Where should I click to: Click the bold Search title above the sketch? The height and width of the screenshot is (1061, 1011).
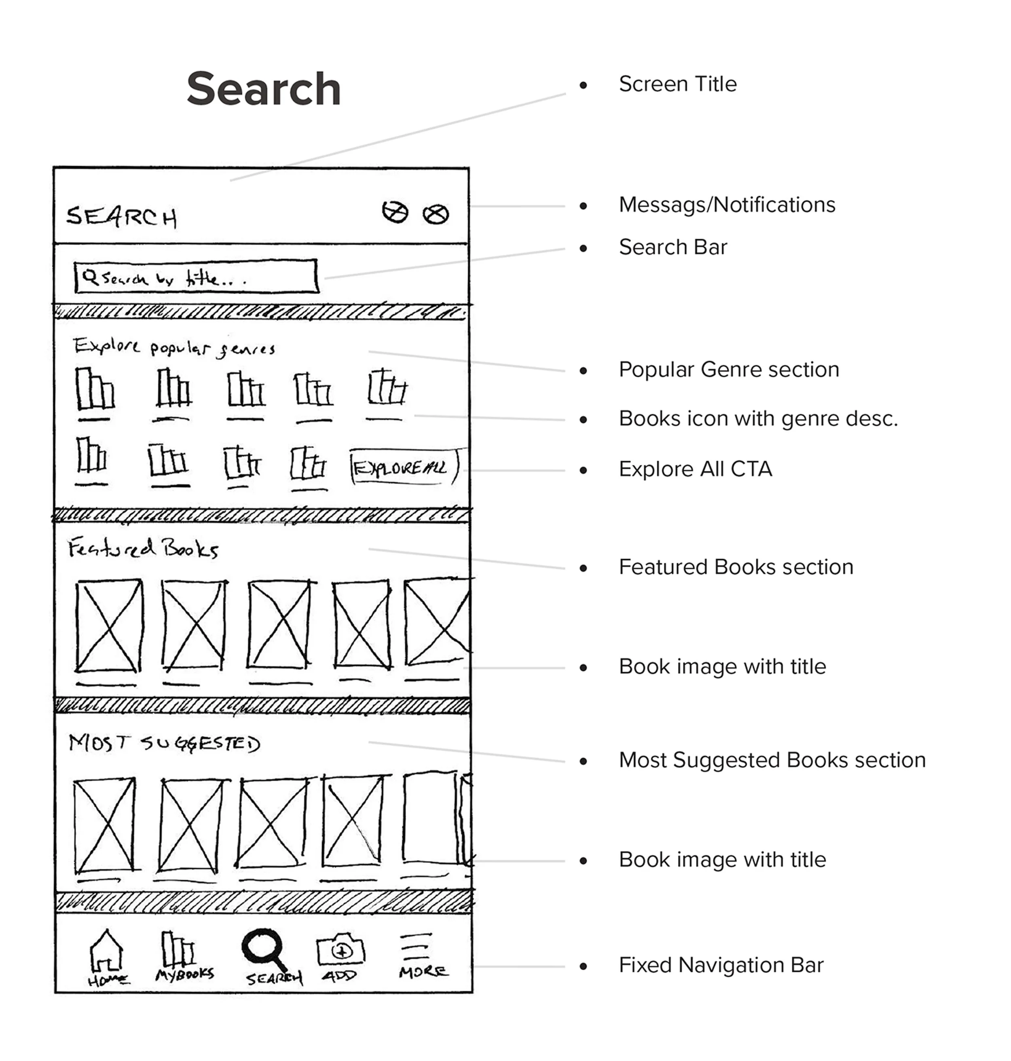click(x=264, y=89)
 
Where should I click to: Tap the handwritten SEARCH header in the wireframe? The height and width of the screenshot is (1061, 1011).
click(x=121, y=217)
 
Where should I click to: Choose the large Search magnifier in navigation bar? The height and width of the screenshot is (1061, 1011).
click(x=264, y=949)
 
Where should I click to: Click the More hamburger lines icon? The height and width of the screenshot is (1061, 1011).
click(x=415, y=946)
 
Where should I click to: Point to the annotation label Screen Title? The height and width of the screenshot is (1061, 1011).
click(x=677, y=84)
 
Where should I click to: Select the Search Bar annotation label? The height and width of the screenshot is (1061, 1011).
click(x=673, y=247)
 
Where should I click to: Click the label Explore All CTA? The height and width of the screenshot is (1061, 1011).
click(x=695, y=469)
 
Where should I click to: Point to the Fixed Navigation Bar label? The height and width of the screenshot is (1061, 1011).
click(x=721, y=965)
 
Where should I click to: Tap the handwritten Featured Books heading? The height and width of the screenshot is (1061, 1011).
click(x=143, y=549)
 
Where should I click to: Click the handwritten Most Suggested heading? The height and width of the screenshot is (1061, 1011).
click(x=164, y=743)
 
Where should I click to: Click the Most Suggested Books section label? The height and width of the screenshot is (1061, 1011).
click(x=772, y=760)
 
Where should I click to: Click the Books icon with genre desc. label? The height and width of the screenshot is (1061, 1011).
click(x=758, y=418)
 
